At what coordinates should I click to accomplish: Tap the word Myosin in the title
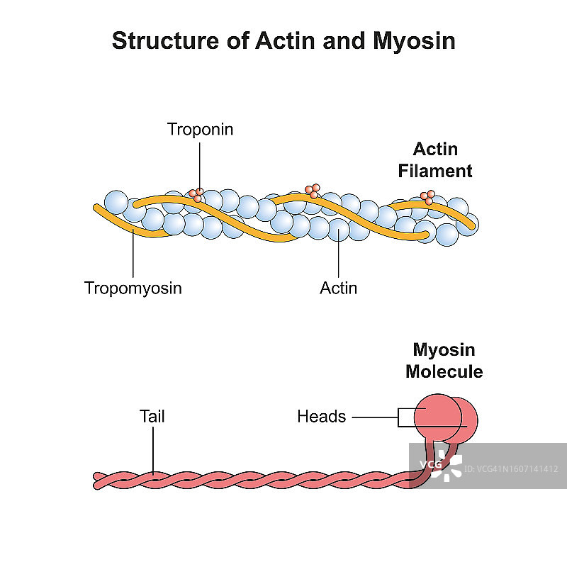pyautogui.click(x=414, y=41)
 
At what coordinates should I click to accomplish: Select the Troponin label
pyautogui.click(x=200, y=129)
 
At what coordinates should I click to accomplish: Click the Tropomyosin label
pyautogui.click(x=133, y=288)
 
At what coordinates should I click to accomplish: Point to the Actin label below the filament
pyautogui.click(x=339, y=288)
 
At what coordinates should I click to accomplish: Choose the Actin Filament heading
pyautogui.click(x=435, y=160)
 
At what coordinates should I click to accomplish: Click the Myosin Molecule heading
pyautogui.click(x=444, y=361)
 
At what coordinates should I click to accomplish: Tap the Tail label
pyautogui.click(x=152, y=416)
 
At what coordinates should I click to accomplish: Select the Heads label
pyautogui.click(x=321, y=416)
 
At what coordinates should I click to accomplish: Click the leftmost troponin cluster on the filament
pyautogui.click(x=197, y=194)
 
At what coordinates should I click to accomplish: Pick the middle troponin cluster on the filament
pyautogui.click(x=312, y=191)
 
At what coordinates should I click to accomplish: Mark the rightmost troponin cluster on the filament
pyautogui.click(x=427, y=197)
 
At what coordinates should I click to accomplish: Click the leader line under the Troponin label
pyautogui.click(x=200, y=163)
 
